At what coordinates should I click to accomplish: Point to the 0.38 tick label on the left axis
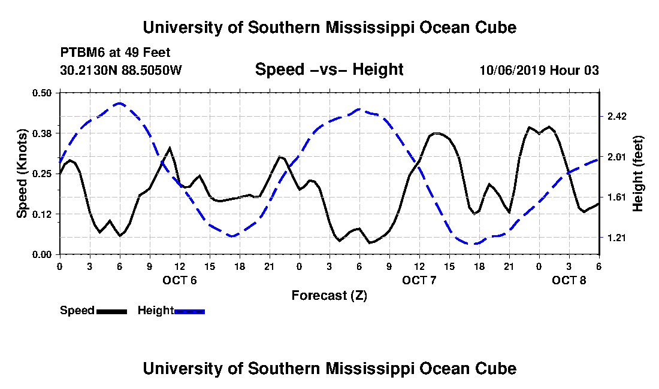41,133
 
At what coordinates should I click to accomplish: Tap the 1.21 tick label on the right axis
616,238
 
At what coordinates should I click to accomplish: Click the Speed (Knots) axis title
22,174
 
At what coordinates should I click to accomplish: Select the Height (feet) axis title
637,174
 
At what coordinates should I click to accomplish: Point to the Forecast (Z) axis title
329,296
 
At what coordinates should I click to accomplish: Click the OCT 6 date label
180,280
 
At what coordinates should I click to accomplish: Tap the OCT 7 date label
419,280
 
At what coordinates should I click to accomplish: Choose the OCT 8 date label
569,280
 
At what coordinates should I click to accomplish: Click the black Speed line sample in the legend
111,312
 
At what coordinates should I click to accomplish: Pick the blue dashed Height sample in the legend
189,312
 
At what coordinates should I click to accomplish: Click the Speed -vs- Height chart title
329,69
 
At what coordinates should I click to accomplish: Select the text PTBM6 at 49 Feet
115,53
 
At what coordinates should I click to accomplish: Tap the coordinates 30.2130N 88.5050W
121,69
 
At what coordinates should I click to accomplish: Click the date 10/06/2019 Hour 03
539,70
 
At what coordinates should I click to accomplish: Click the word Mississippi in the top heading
370,28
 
